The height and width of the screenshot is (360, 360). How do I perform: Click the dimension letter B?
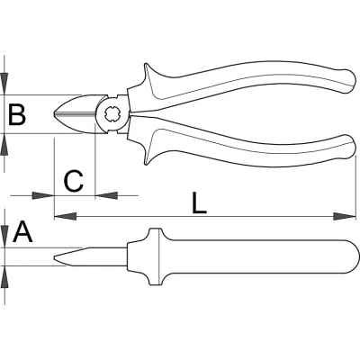(17, 114)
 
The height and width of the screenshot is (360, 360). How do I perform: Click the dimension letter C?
(74, 181)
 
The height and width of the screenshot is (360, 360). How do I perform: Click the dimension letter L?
(199, 202)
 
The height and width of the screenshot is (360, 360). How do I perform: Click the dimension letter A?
(22, 231)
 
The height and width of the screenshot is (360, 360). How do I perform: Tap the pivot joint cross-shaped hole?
(112, 114)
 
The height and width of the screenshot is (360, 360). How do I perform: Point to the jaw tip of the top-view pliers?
(55, 114)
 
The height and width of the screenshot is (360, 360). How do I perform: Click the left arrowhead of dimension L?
(65, 216)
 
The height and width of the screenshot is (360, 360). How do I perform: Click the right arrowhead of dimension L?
(345, 216)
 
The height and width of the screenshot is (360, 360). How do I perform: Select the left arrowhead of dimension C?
(43, 195)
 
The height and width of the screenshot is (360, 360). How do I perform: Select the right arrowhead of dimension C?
(106, 195)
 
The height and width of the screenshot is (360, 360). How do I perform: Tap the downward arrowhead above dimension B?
(4, 84)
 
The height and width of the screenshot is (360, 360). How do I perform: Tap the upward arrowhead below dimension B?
(4, 145)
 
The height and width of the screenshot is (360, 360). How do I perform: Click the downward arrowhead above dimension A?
(5, 237)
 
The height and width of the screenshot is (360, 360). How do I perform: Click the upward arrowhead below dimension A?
(5, 277)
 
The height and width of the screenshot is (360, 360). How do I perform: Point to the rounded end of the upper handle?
(349, 82)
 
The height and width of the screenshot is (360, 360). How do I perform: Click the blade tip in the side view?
(55, 258)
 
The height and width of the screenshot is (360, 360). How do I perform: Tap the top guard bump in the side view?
(156, 233)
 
